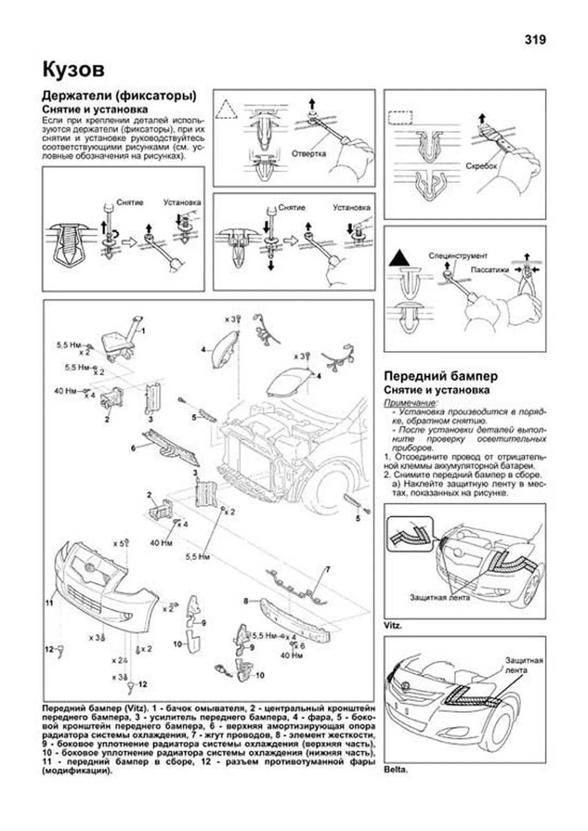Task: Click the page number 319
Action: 535,40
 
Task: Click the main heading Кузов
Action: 73,70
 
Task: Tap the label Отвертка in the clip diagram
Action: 309,153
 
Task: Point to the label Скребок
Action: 481,166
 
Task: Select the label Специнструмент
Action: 458,256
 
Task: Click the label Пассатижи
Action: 490,270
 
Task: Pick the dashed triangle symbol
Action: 228,109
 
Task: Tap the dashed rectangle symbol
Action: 398,119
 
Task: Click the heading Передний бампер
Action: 441,376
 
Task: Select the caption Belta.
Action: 395,770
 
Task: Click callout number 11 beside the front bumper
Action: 49,603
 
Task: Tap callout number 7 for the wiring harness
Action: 328,569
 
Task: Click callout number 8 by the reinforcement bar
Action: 246,600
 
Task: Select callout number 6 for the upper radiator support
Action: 133,448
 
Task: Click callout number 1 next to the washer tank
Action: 143,332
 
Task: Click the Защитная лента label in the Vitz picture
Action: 440,598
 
